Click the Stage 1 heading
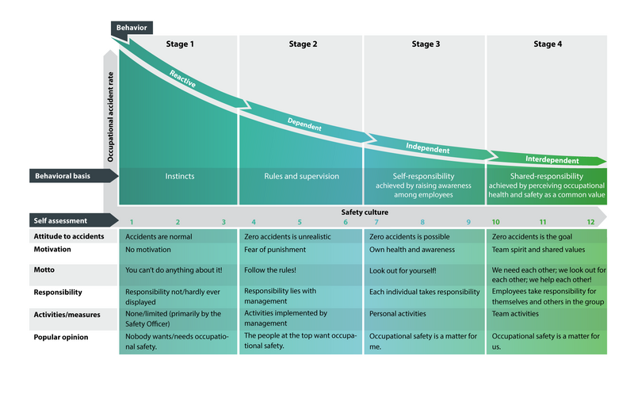(x=180, y=44)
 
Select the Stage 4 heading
(x=548, y=44)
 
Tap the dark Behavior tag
(x=132, y=28)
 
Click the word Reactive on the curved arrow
(x=182, y=79)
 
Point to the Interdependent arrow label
(x=552, y=160)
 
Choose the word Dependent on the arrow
(x=304, y=124)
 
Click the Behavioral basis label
(x=63, y=176)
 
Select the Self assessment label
(x=60, y=221)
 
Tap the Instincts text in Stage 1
(x=180, y=176)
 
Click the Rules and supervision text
(x=302, y=176)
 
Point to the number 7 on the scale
(x=376, y=222)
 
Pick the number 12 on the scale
(x=590, y=222)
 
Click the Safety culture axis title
(x=365, y=212)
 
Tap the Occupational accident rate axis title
(x=110, y=117)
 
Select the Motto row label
(x=44, y=270)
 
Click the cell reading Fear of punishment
(x=275, y=250)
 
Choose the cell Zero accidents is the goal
(x=532, y=237)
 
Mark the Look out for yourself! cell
(x=403, y=270)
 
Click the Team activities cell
(x=515, y=313)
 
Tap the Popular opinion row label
(x=61, y=338)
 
